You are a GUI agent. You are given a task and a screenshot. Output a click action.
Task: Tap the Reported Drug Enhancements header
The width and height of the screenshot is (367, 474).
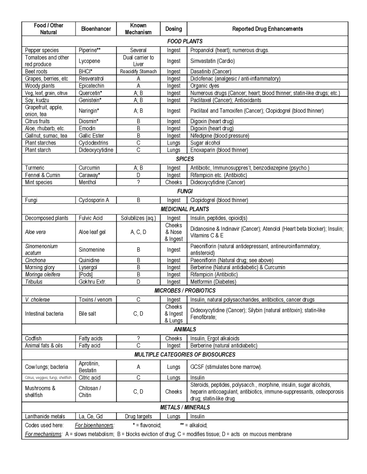click(267, 29)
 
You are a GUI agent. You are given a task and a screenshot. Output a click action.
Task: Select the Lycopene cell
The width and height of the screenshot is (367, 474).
click(90, 61)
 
